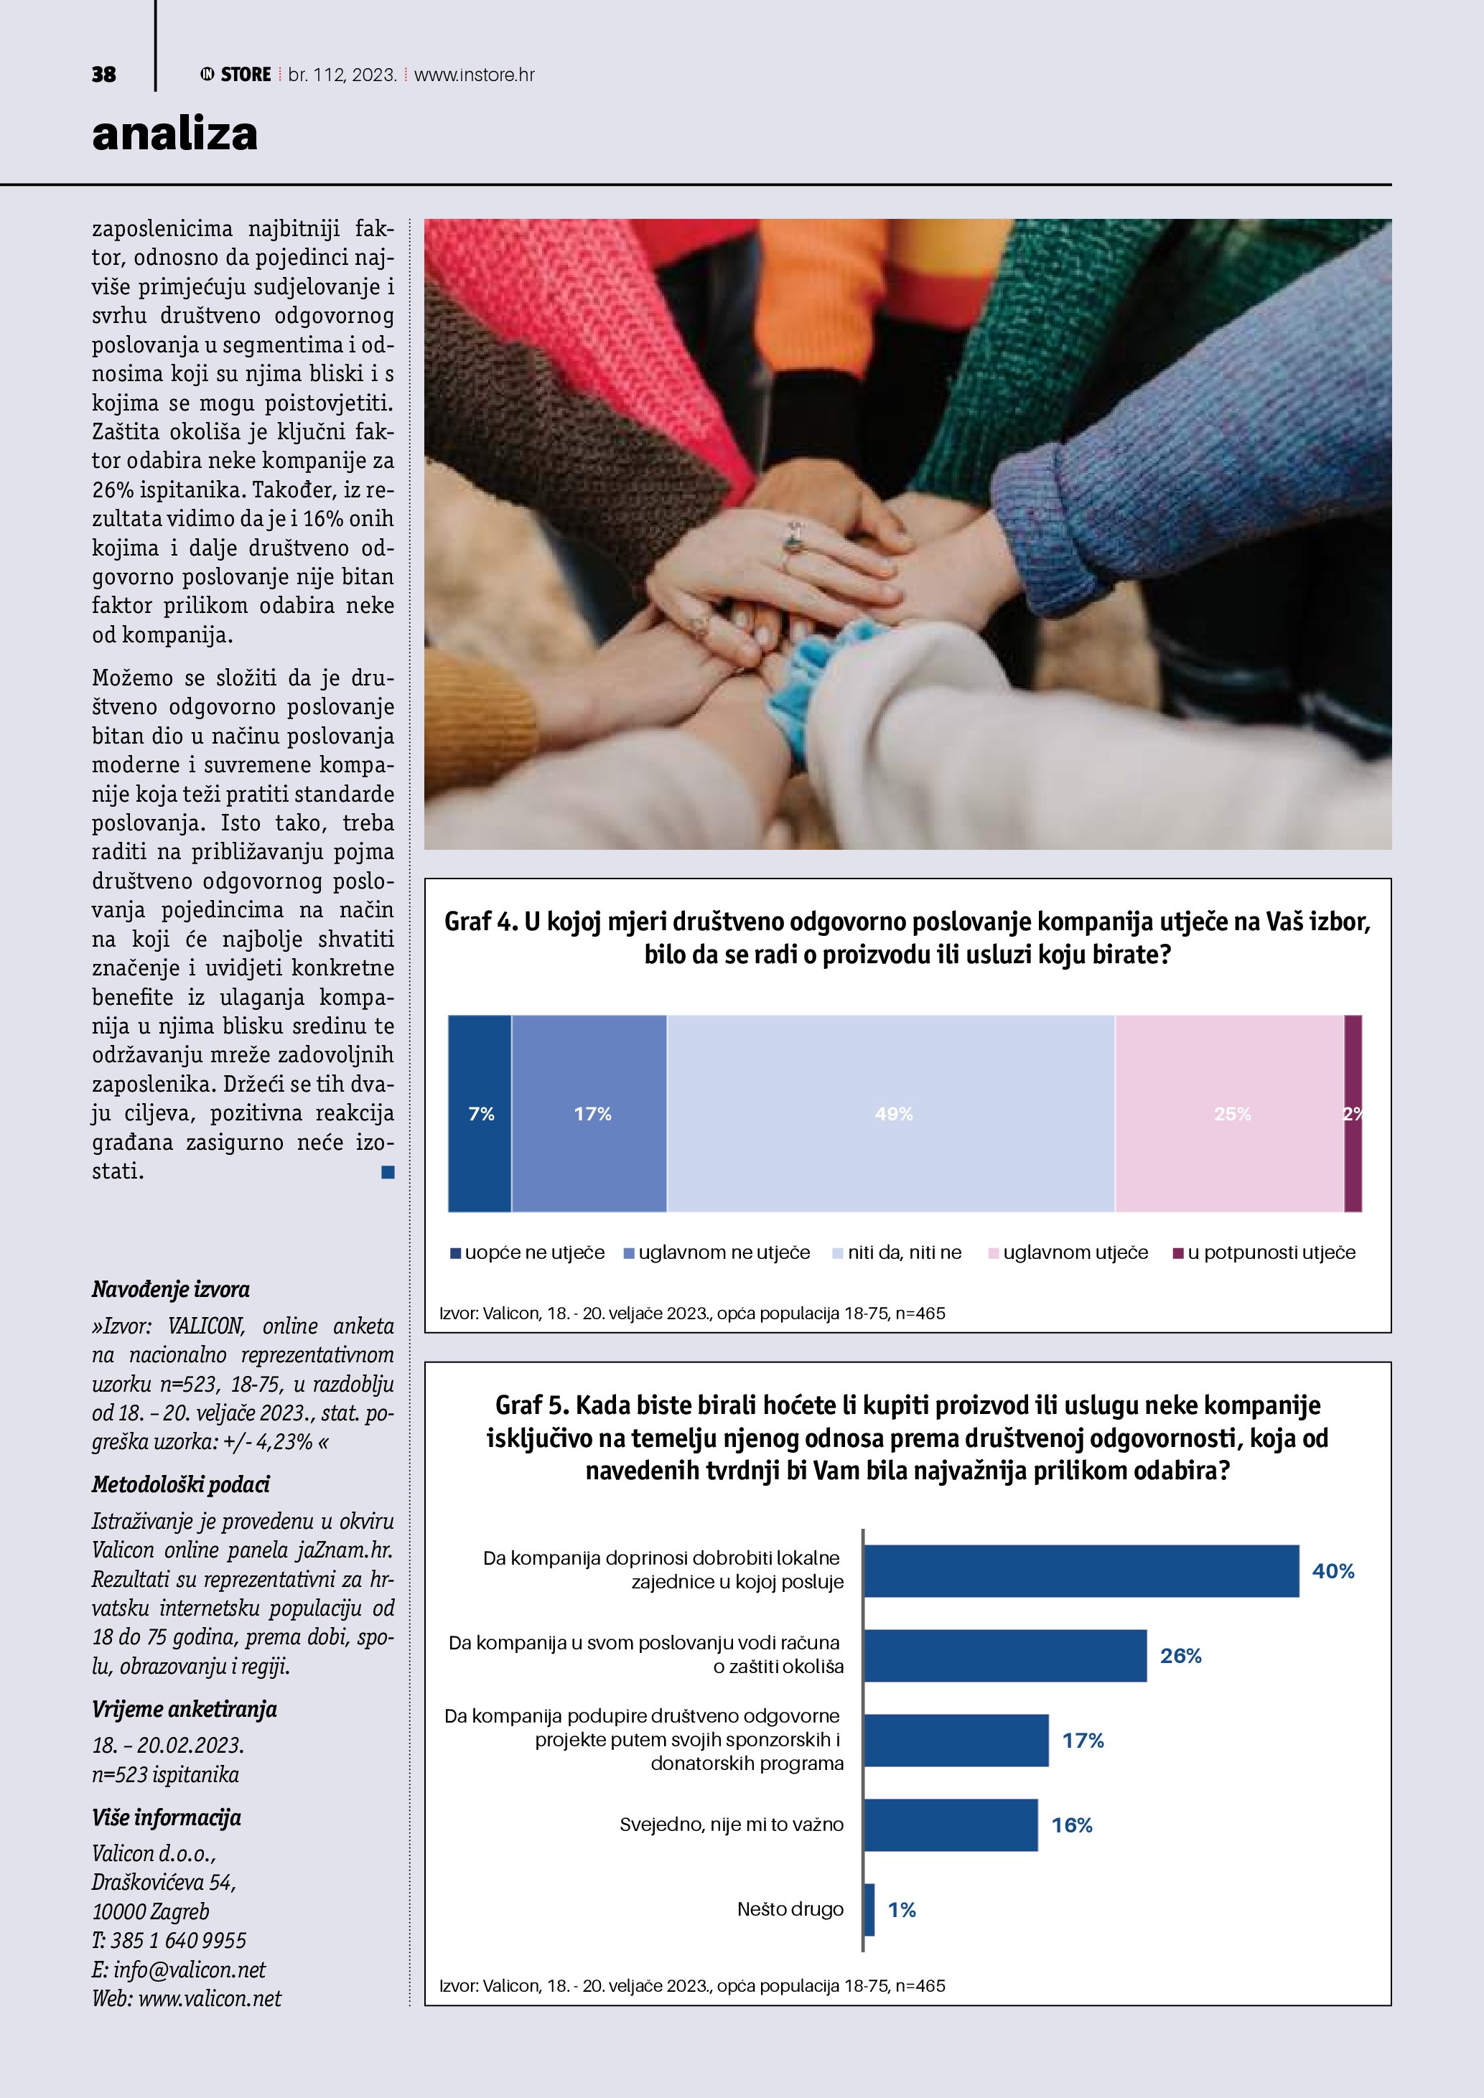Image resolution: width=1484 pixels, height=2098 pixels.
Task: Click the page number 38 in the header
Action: click(103, 75)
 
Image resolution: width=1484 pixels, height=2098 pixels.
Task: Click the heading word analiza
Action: click(174, 134)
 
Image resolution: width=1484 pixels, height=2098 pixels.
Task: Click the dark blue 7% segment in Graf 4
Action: click(480, 1113)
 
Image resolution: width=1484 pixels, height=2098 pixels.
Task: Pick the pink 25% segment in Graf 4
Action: click(1230, 1113)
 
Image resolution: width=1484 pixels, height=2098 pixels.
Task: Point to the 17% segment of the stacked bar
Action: click(589, 1113)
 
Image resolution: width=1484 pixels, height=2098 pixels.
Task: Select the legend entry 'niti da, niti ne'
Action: click(904, 1252)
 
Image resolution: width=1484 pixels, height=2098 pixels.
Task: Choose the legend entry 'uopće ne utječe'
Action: click(533, 1252)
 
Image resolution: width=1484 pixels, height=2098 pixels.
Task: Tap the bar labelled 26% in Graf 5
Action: click(1005, 1656)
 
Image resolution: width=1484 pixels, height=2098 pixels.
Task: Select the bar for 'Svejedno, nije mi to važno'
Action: click(951, 1825)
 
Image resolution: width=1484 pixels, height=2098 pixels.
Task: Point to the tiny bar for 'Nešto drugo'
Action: click(869, 1910)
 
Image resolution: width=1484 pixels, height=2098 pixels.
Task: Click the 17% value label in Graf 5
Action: click(1083, 1741)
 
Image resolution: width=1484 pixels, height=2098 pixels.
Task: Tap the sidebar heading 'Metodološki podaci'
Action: click(181, 1485)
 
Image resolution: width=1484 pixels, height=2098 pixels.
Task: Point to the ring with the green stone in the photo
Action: click(793, 545)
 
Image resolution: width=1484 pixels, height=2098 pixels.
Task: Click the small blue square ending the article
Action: click(388, 1171)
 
